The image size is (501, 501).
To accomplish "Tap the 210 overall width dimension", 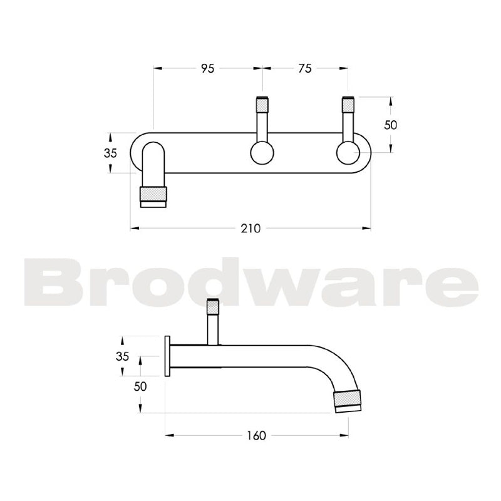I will click(x=250, y=229).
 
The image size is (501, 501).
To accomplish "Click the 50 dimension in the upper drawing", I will click(x=391, y=125).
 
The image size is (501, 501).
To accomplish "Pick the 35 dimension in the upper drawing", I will click(x=110, y=153).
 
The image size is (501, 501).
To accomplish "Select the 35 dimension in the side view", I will click(x=123, y=356).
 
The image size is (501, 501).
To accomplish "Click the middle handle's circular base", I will click(x=261, y=153).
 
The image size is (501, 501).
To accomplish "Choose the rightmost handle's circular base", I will click(x=348, y=153).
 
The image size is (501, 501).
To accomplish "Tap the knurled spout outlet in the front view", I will click(x=153, y=196).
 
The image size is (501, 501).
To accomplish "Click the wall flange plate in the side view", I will click(x=167, y=356).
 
